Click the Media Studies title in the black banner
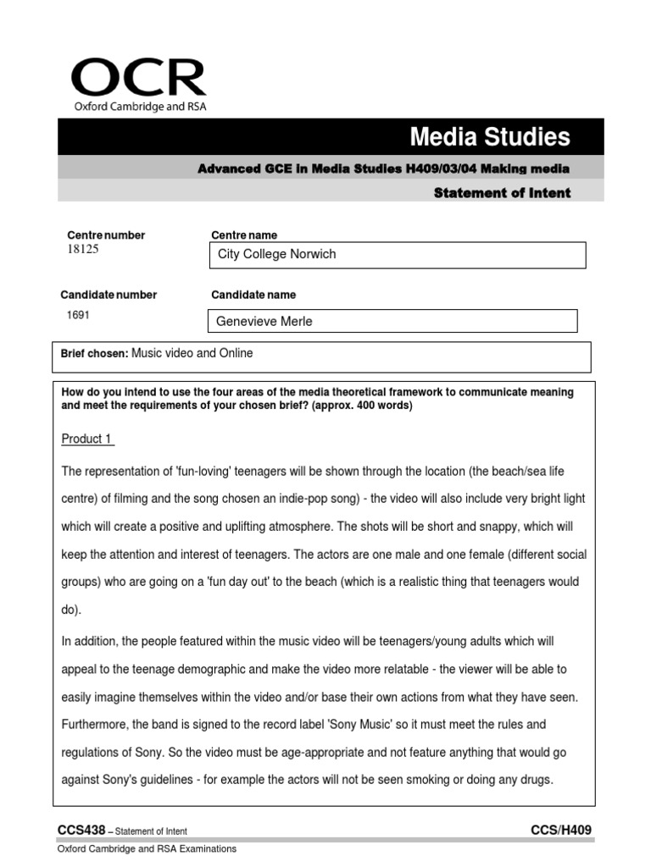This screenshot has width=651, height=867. coord(490,136)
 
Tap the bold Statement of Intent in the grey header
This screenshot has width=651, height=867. coord(502,193)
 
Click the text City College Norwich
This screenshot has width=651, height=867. coord(276,254)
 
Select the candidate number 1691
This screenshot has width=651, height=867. coord(78,314)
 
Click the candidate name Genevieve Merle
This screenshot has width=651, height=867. coord(265,321)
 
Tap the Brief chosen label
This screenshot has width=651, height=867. coord(94,354)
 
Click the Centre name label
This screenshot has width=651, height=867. coord(243,235)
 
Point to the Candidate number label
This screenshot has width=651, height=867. coord(108,295)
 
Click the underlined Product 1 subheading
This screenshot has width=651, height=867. coord(87,439)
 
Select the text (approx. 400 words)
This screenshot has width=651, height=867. coord(364,406)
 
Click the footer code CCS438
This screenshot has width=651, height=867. coord(81,831)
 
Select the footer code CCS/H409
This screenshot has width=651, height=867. coord(566,831)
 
